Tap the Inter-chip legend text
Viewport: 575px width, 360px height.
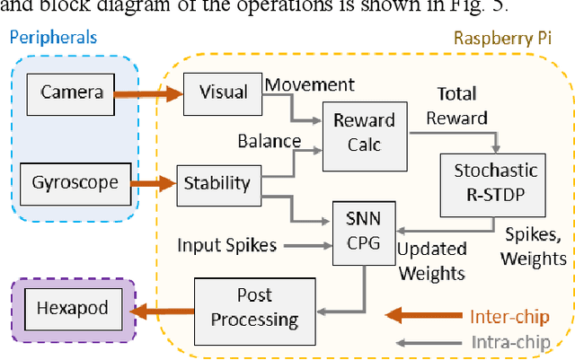[508, 317]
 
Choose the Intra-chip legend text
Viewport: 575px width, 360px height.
[509, 341]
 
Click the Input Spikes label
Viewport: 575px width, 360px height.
[225, 245]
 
